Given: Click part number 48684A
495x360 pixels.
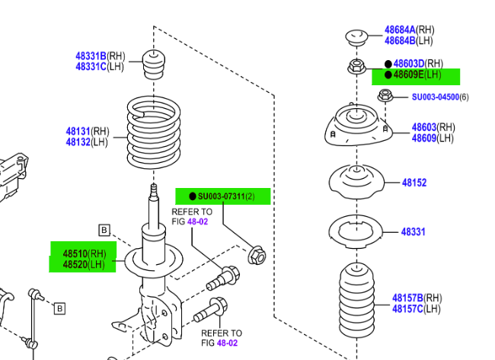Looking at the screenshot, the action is [x=400, y=30].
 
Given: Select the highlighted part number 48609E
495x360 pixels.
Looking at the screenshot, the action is [x=408, y=75].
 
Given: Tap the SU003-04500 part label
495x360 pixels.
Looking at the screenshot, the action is [x=436, y=97].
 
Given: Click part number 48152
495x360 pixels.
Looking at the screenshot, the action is [x=414, y=183].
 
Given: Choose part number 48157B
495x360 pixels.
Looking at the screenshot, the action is [x=407, y=298].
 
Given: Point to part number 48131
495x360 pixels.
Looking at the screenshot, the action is [x=78, y=131].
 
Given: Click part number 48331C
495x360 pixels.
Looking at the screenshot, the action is [x=91, y=67].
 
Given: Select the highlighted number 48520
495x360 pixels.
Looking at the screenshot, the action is [x=75, y=265].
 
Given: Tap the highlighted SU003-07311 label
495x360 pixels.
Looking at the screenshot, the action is [x=222, y=196].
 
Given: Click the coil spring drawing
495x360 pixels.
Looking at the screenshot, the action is [x=154, y=132].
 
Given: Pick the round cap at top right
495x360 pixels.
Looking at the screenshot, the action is [x=356, y=37].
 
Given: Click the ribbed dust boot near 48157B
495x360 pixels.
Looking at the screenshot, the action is [x=356, y=301].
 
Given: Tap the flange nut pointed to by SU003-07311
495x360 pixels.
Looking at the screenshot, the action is [x=257, y=256].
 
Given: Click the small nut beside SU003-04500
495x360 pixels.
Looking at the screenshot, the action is [x=385, y=95].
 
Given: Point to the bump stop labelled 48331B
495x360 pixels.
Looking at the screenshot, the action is [x=154, y=65].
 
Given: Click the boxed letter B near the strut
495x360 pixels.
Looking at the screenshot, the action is [x=104, y=231].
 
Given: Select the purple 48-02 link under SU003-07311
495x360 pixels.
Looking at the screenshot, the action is [x=198, y=221].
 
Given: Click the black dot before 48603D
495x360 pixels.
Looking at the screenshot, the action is [x=388, y=65].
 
